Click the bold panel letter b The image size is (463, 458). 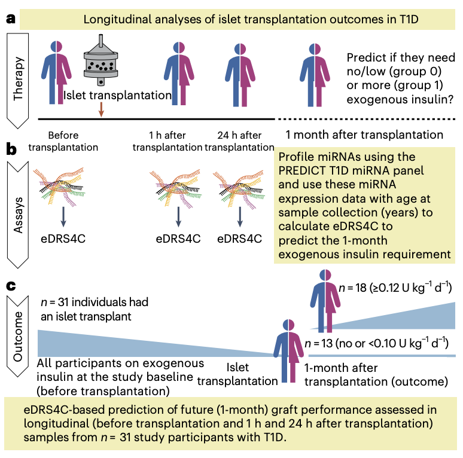11,148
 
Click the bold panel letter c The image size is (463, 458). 10,286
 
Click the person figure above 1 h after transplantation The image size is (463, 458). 181,67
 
